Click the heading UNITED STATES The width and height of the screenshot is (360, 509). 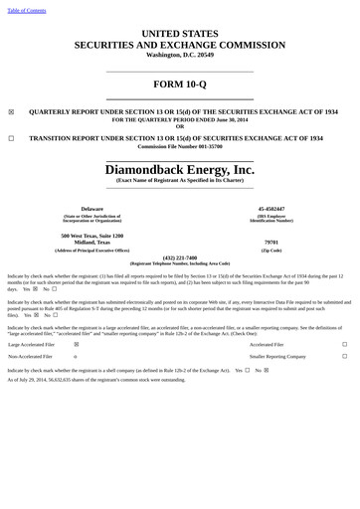(180, 34)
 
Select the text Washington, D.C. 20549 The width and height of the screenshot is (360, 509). (180, 55)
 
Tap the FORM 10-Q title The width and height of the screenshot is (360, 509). (180, 84)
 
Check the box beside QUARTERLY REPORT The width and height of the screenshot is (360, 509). (11, 112)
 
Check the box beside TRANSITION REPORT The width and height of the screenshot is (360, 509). (11, 138)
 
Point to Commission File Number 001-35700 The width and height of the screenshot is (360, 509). (180, 146)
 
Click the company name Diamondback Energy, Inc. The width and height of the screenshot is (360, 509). (180, 170)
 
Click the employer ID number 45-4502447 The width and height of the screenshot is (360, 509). (271, 208)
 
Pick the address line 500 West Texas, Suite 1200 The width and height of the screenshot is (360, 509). (91, 236)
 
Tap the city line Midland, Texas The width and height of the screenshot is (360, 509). (91, 243)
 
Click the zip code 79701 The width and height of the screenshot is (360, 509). (271, 243)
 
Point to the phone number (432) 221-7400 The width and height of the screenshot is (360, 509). (180, 257)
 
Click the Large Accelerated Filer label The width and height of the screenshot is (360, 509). (32, 344)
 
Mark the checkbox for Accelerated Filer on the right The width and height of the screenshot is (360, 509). (344, 344)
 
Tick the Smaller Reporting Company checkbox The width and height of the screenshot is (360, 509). (344, 355)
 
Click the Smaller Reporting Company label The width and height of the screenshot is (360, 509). (277, 355)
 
